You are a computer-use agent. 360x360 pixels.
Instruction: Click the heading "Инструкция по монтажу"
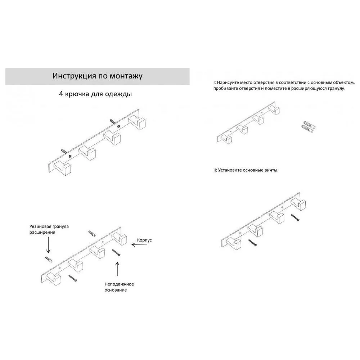tap(97, 76)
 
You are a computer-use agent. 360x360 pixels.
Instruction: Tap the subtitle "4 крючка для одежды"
tap(95, 94)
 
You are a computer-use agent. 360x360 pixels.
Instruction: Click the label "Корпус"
tap(144, 240)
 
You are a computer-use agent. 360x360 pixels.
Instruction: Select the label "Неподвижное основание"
tap(119, 287)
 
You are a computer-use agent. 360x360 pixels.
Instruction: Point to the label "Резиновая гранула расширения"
tap(49, 229)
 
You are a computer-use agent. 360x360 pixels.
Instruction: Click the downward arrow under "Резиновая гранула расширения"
tap(48, 245)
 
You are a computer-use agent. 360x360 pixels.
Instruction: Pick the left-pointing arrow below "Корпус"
tap(139, 245)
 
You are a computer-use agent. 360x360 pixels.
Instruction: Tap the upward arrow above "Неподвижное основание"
tap(117, 269)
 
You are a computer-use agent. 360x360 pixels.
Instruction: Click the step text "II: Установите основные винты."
tap(246, 170)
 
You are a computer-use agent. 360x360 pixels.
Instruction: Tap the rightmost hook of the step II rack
tap(298, 204)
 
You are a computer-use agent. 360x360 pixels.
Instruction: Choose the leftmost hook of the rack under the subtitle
tap(62, 168)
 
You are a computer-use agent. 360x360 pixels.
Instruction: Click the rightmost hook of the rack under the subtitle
tap(137, 123)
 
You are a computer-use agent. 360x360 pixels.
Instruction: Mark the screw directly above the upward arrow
tap(116, 253)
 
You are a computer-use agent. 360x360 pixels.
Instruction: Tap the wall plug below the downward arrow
tap(49, 260)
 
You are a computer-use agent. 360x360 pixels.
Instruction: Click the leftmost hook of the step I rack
tap(226, 139)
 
